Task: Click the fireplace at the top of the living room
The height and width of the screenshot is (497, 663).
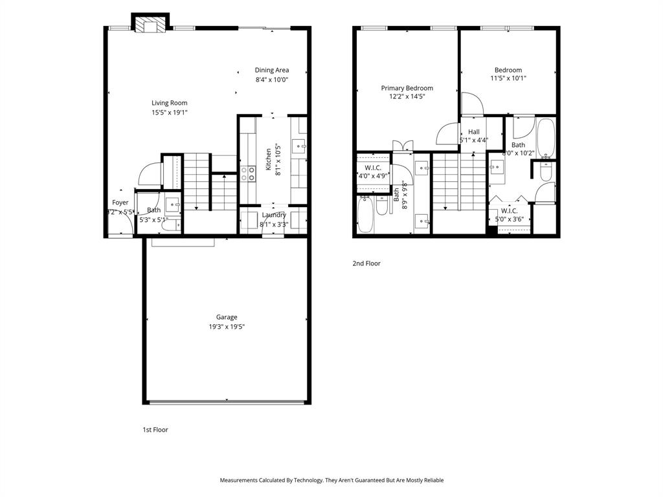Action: coord(150,24)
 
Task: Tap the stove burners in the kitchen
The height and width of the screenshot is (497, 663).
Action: coord(248,173)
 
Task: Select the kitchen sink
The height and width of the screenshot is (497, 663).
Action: coord(298,144)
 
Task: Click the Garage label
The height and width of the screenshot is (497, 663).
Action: coord(227,317)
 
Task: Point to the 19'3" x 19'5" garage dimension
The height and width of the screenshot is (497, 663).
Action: coord(227,327)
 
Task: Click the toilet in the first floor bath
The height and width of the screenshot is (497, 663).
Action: coord(168,225)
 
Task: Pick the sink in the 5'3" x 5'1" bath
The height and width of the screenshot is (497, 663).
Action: coord(173,205)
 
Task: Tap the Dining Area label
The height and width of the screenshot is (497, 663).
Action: coord(271,70)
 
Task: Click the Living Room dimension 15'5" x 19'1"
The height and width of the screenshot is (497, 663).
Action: coord(170,113)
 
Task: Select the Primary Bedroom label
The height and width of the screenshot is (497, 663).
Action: coord(407,88)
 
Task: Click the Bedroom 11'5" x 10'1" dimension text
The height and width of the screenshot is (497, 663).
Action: coord(508,79)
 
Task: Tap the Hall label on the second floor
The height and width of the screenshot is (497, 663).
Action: coord(474,131)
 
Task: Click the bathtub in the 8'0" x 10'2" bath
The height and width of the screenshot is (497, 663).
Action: coord(546,138)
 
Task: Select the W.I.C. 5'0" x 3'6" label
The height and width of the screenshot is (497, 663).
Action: coord(508,210)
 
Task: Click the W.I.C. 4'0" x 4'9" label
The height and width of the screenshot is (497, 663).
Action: coord(373,168)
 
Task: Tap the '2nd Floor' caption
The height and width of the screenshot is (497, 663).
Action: coord(366,263)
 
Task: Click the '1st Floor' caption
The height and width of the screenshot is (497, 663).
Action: coord(155,430)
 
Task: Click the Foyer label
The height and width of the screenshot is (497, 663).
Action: coord(120,203)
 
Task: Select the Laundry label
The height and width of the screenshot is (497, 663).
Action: coord(274,215)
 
